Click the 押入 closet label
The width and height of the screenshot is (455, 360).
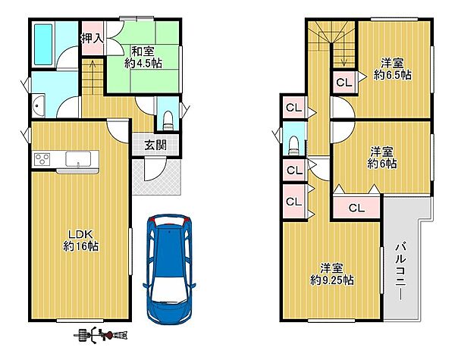92,39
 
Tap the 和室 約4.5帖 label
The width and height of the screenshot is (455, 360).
143,57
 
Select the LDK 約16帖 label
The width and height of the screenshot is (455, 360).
80,240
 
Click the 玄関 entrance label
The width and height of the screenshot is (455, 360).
155,146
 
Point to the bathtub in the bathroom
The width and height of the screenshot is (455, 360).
43,45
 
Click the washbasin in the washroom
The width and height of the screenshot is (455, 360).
39,105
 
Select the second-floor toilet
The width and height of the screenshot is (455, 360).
293,146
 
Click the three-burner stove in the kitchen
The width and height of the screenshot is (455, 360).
42,159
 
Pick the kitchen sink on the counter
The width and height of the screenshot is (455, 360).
78,159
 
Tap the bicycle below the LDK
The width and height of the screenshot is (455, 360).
101,335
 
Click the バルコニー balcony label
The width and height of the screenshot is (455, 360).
401,271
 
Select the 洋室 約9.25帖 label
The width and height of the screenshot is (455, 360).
331,274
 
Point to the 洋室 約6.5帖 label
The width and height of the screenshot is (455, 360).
392,69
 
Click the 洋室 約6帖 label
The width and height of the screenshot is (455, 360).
382,158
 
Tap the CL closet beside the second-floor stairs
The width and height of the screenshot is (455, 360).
344,83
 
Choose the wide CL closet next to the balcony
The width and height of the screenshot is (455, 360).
356,208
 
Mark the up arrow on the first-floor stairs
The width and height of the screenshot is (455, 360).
93,77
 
